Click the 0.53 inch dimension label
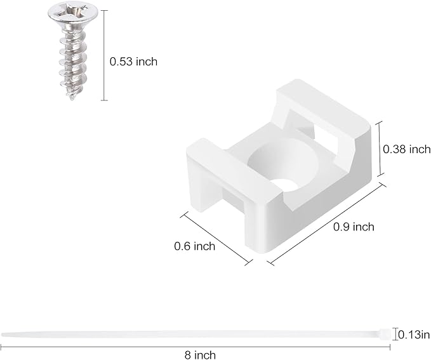(133, 62)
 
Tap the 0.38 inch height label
(407, 149)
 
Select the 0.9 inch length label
(354, 227)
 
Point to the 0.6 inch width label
(194, 246)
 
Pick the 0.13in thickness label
(415, 333)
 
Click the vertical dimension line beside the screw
(103, 55)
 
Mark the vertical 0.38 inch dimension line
(379, 149)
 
